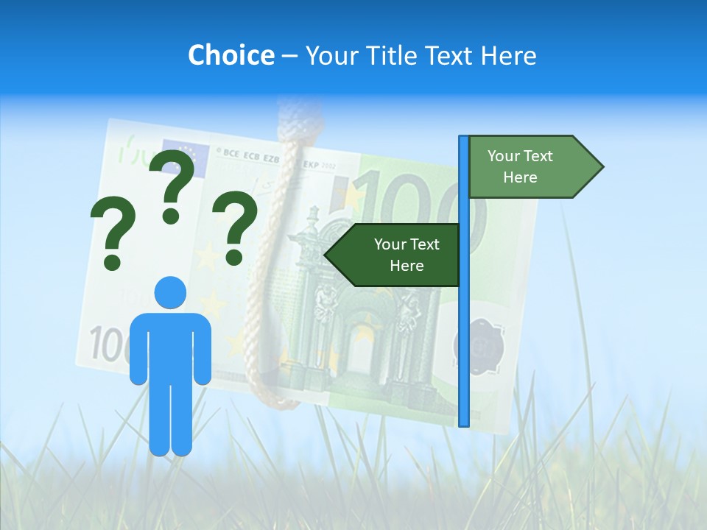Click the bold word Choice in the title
tap(231, 55)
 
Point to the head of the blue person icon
tap(170, 292)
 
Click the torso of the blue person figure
tap(170, 346)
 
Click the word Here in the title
tap(508, 55)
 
